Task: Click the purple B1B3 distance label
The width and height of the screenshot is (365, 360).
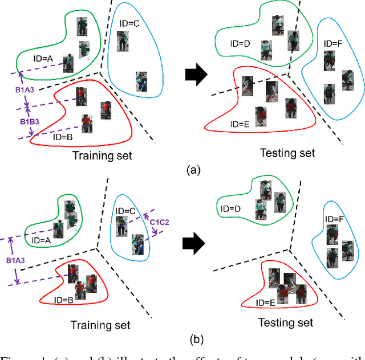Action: click(30, 121)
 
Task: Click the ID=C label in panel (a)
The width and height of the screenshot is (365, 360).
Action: click(129, 23)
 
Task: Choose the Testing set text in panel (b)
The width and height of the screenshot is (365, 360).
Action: click(286, 323)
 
